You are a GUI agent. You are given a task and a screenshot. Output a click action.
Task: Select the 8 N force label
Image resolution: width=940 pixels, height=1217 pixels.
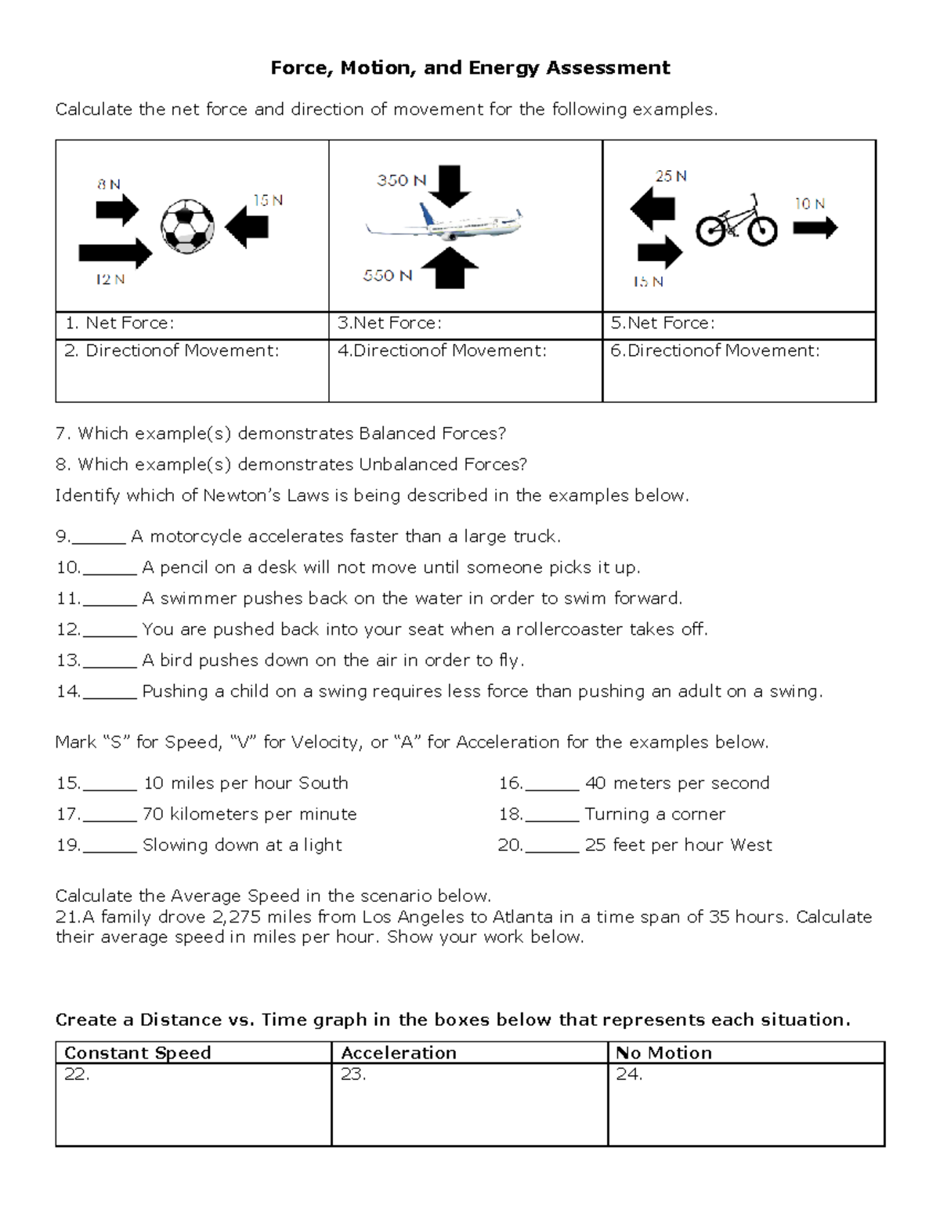coord(109,185)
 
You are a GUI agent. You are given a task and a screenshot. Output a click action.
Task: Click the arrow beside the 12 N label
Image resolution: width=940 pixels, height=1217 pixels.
coord(115,253)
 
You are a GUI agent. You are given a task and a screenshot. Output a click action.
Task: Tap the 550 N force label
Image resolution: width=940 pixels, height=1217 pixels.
coord(387,276)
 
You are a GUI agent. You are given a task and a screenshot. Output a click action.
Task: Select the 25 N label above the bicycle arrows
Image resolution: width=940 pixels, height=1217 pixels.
coord(671,176)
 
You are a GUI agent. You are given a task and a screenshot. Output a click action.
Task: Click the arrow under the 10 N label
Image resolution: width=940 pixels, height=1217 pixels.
coord(815,228)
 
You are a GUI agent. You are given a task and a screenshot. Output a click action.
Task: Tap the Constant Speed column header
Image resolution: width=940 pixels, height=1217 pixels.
coord(138,1052)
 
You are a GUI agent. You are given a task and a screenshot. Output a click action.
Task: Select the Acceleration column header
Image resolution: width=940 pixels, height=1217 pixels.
coord(399,1052)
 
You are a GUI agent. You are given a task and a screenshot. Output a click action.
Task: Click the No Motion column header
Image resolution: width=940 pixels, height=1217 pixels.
coord(663,1052)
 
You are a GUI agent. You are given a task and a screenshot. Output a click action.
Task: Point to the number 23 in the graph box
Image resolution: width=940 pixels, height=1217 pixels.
coord(352,1074)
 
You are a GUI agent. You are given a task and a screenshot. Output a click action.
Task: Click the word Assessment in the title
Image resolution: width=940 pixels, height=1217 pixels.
coord(608,68)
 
